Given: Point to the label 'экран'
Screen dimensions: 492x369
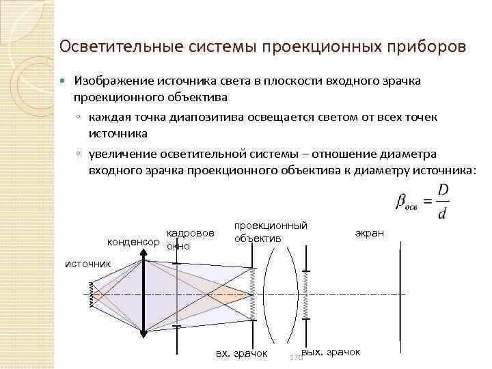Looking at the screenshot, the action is click(369, 233).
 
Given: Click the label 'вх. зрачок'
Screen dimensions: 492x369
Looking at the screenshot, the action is click(241, 353).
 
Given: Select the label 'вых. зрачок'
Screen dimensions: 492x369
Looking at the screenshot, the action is click(330, 351).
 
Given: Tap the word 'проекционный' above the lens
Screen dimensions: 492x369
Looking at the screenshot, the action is click(271, 225).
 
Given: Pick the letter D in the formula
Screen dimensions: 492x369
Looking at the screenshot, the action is click(443, 189).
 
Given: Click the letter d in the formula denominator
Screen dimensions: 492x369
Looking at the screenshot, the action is click(442, 213).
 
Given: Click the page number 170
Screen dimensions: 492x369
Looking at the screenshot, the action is click(295, 358).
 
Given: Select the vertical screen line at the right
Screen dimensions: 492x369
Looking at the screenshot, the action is click(400, 293).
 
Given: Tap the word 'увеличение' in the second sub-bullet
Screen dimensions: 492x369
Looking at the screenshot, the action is click(120, 154).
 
